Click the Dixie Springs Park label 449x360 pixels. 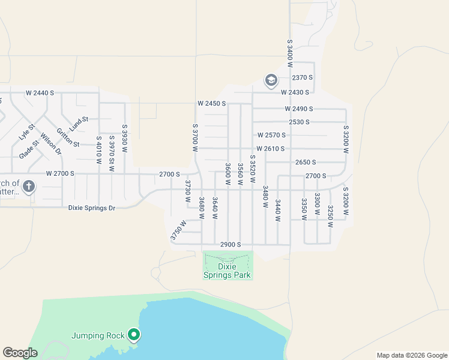click(x=227, y=271)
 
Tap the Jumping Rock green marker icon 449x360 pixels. click(x=134, y=335)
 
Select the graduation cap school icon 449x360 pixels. click(x=271, y=80)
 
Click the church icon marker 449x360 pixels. click(x=28, y=187)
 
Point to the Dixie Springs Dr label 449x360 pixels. click(x=91, y=208)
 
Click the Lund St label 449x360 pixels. click(x=79, y=124)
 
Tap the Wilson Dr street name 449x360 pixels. click(x=51, y=143)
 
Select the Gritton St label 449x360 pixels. click(x=68, y=137)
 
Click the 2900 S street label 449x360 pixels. click(x=230, y=244)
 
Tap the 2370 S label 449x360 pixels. click(x=303, y=78)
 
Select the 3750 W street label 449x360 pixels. click(x=178, y=230)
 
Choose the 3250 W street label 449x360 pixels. click(x=330, y=216)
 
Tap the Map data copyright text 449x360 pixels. click(x=411, y=355)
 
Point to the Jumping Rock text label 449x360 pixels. click(x=98, y=335)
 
